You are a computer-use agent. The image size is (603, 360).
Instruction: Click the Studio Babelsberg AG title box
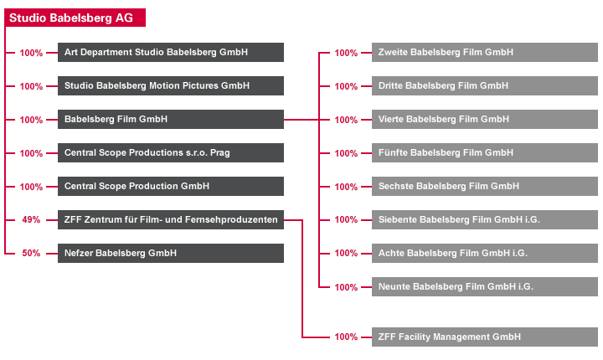coord(75,18)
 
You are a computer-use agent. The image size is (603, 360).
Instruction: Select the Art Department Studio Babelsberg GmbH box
coord(171,52)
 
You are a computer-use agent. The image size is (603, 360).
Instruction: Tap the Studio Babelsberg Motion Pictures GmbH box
coord(171,85)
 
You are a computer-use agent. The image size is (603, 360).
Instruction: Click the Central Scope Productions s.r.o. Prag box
coord(171,152)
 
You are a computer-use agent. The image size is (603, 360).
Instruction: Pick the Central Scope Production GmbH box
coord(171,186)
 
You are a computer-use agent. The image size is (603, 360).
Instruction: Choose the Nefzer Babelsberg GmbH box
coord(171,253)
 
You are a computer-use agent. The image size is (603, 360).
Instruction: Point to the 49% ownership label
coord(31,219)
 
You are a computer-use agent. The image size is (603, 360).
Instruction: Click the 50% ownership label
coord(31,253)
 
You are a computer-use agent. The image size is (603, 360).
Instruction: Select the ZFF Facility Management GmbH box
coord(485,337)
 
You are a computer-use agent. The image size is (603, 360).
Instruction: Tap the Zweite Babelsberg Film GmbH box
coord(485,52)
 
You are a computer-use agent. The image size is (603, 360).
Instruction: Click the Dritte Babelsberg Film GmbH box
coord(485,85)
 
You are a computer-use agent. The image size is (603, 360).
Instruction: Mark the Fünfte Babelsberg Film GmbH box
coord(485,152)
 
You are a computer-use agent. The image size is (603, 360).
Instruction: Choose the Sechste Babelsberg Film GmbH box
coord(485,186)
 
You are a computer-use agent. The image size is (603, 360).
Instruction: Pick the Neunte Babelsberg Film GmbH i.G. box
coord(485,286)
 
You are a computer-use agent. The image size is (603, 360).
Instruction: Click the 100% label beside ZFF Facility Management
coord(346,337)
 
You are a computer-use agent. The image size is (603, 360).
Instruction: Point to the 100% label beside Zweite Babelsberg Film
coord(346,53)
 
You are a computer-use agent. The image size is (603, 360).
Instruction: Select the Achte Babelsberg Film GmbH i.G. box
coord(485,253)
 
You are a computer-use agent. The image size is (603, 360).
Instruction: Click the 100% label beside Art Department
coord(31,53)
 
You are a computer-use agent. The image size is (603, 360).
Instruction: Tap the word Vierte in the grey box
coord(391,119)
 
